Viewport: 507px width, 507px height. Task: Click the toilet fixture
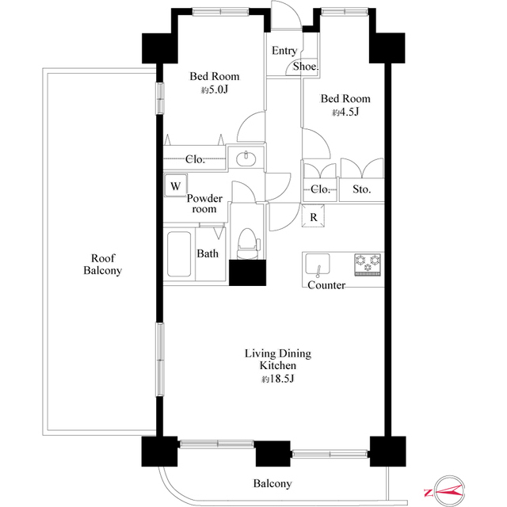[x=248, y=243]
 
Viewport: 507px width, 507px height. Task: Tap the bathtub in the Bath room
[x=179, y=253]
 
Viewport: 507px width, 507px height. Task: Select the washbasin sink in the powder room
[x=246, y=158]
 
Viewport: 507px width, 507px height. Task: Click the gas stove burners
[x=368, y=265]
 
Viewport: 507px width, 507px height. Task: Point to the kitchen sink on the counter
[x=318, y=264]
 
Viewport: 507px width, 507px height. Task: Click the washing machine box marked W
[x=176, y=185]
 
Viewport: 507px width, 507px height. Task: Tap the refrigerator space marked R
[x=313, y=215]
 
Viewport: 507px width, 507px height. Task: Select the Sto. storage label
[x=361, y=189]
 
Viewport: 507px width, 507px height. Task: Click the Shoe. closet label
[x=306, y=67]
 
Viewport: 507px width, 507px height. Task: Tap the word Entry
[x=284, y=51]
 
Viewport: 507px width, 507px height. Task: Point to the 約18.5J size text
[x=277, y=379]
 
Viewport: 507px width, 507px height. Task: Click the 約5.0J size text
[x=215, y=90]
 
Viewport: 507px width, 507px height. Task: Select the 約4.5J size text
[x=345, y=112]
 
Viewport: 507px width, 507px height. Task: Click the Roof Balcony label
[x=102, y=264]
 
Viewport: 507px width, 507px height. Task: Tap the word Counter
[x=326, y=285]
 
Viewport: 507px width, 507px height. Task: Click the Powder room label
[x=204, y=204]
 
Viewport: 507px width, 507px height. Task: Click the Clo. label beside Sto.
[x=320, y=189]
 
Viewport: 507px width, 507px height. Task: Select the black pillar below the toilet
[x=248, y=273]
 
